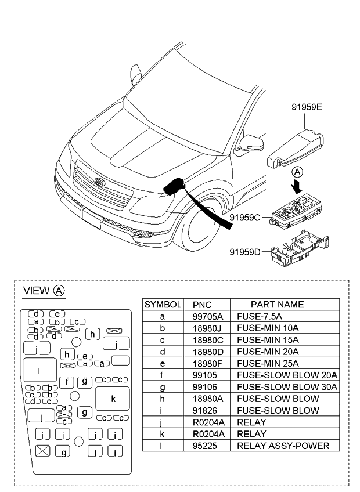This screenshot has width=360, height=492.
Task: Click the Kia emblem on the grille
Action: click(x=100, y=182)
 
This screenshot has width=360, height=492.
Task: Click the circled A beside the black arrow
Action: click(x=297, y=172)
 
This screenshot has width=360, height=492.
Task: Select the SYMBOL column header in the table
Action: click(x=163, y=305)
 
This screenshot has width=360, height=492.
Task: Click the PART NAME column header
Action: click(x=276, y=305)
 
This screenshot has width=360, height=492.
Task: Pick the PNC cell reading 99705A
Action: click(x=206, y=317)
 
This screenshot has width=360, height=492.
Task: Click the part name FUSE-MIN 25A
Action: click(x=268, y=363)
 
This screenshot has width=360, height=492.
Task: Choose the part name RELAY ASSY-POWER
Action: click(x=283, y=446)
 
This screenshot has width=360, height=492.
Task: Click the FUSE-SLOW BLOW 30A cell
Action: click(x=287, y=387)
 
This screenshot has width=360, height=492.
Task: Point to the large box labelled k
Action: click(x=113, y=399)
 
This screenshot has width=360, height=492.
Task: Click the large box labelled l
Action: click(x=39, y=370)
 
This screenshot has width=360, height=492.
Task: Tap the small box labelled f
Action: click(x=67, y=381)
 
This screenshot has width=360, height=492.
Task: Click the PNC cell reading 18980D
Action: click(x=206, y=352)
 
